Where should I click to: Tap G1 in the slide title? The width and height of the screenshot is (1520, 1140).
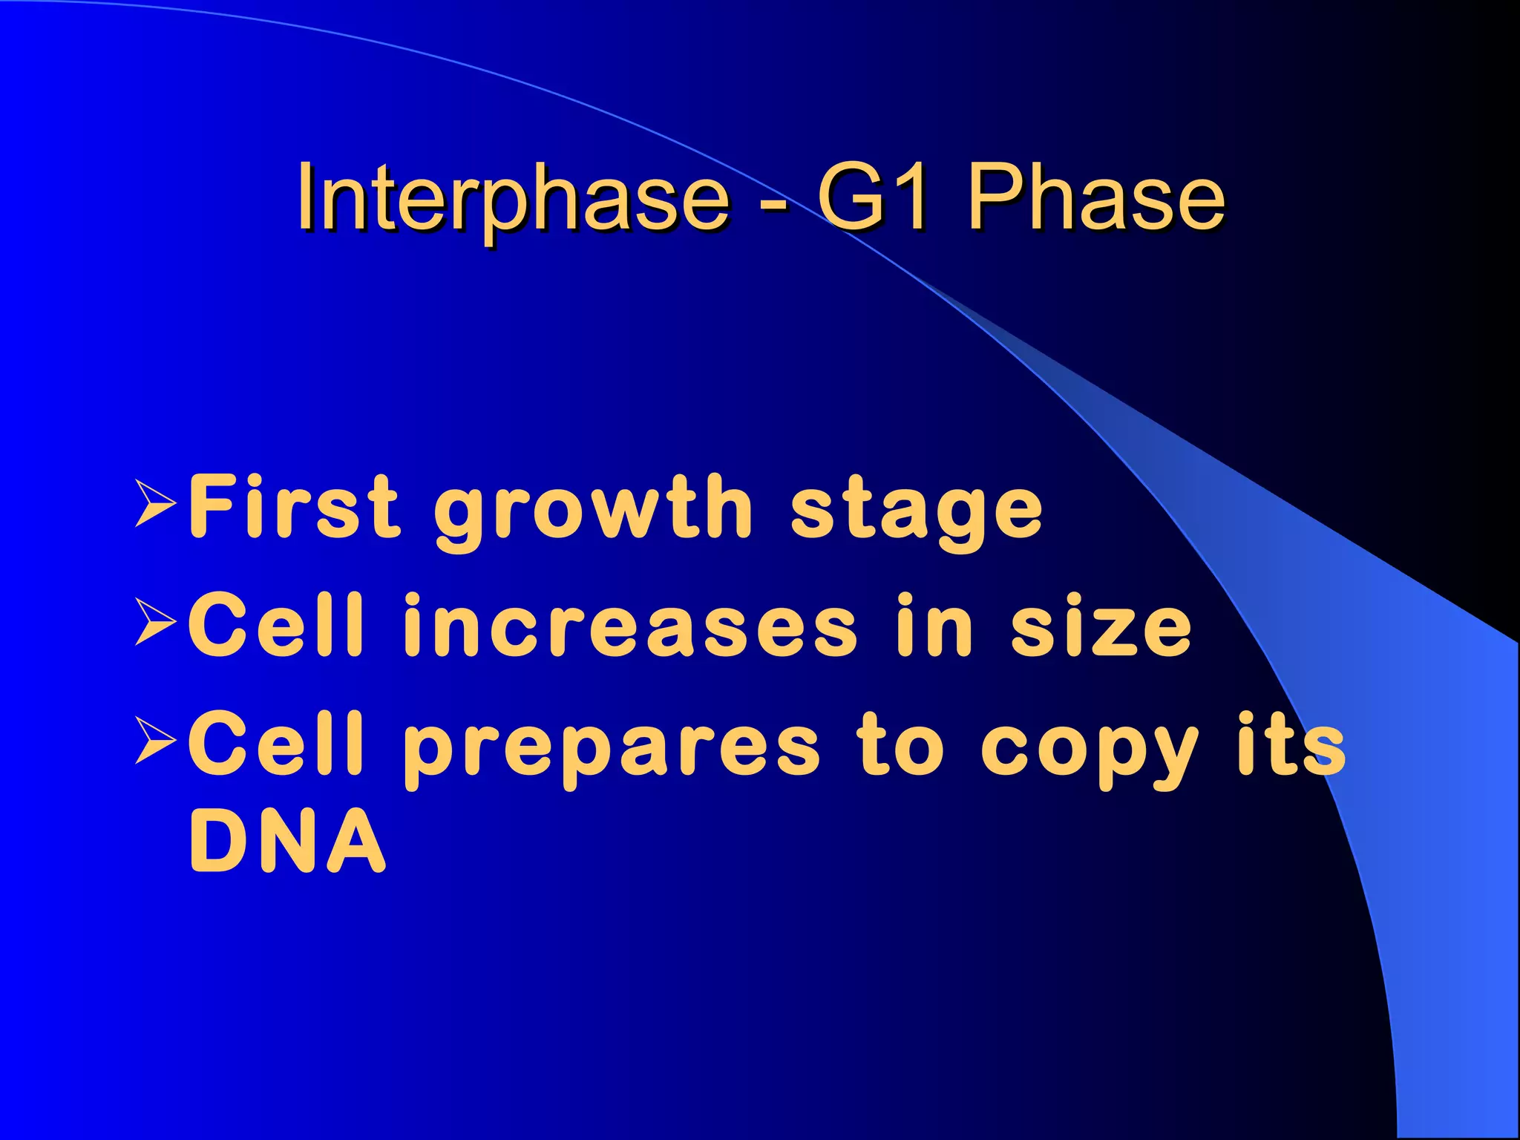pyautogui.click(x=872, y=197)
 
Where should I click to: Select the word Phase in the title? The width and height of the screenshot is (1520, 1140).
pyautogui.click(x=1095, y=197)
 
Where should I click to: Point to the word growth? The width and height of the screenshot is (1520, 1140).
pyautogui.click(x=594, y=512)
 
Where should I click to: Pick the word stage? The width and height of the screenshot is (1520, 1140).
pyautogui.click(x=917, y=512)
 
